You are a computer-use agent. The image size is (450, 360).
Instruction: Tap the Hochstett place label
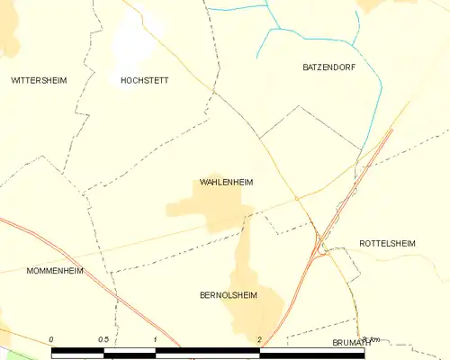coord(144,80)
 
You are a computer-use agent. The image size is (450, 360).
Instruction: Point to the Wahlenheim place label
coord(226,182)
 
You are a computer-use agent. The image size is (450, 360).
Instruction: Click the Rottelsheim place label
coord(388,244)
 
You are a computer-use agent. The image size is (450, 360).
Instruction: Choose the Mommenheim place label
coord(56,270)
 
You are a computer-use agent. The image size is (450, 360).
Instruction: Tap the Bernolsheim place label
coord(228,294)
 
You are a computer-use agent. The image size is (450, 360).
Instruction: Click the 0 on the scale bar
coord(52,339)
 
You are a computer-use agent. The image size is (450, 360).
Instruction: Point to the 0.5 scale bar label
coord(103,339)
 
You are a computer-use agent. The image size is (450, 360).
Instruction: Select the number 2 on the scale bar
coord(259,339)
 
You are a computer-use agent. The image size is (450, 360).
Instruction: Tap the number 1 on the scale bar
coord(156,339)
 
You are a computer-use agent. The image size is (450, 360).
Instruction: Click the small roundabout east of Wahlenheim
coord(296,199)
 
